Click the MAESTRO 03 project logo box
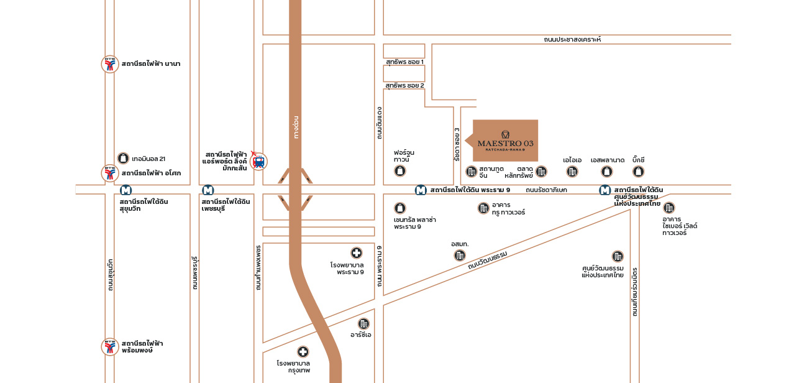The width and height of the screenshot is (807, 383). coord(505,141)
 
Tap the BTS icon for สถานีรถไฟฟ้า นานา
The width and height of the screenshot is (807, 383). coord(110,64)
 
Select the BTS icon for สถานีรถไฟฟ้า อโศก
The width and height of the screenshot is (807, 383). coord(110,173)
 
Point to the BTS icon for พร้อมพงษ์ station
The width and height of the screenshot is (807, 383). coord(110,347)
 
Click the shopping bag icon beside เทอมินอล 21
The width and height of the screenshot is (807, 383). coord(123,159)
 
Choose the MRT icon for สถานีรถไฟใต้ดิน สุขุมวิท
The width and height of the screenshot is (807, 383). coord(126,190)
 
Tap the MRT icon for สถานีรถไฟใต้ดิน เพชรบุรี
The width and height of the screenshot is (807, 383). coord(208,190)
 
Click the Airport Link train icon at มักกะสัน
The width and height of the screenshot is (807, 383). coord(258,162)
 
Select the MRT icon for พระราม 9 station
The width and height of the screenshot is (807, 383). coord(421,190)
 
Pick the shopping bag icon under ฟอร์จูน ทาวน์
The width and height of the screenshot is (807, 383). coord(400,170)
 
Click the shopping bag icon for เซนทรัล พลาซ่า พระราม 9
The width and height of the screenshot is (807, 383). coord(400,208)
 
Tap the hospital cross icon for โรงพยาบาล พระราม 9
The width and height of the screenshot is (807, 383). coord(357,252)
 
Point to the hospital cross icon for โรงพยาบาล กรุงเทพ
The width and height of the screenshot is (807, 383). coord(303,352)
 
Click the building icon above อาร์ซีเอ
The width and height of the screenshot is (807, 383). coord(363,323)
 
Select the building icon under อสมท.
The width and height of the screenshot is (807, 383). coord(460,255)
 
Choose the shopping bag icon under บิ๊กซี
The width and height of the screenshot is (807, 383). coord(638,172)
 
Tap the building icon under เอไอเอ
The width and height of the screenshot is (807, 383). coord(572,172)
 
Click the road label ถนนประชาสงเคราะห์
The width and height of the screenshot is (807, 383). coord(572,40)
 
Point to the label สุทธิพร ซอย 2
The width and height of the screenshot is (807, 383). coord(404,85)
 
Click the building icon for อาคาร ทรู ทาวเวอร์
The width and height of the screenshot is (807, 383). coord(483,208)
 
